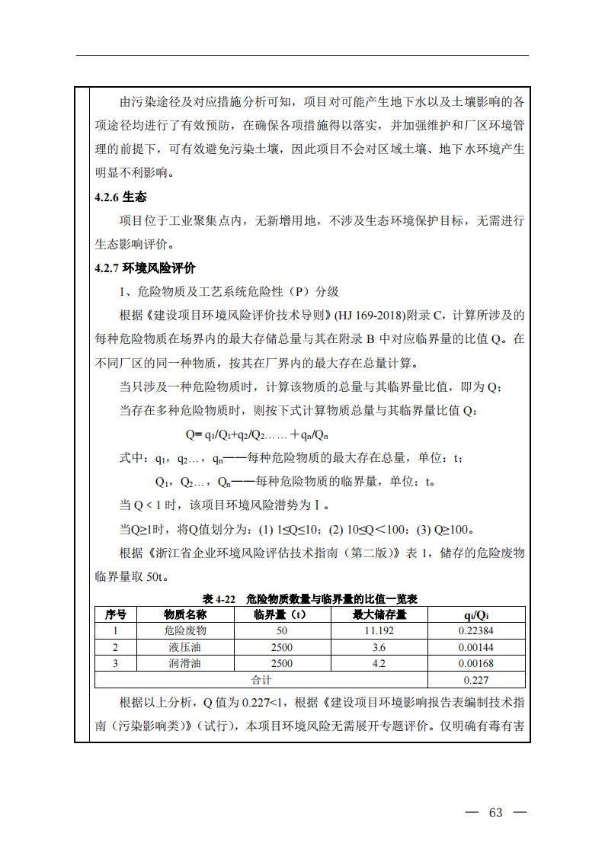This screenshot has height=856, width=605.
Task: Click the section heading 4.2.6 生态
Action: tap(120, 197)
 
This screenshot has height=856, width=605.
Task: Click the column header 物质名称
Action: tap(184, 614)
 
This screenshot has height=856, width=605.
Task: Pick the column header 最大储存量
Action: tap(379, 614)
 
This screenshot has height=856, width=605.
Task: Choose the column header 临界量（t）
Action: tap(281, 614)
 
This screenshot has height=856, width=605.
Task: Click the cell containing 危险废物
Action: tap(184, 631)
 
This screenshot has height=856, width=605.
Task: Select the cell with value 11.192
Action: tap(379, 631)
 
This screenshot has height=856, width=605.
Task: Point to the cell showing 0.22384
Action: tap(476, 631)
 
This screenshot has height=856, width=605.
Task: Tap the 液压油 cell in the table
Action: tap(184, 647)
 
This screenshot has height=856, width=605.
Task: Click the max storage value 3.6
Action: tap(379, 647)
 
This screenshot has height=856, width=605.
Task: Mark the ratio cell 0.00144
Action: tap(476, 647)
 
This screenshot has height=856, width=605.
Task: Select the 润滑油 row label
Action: tap(184, 663)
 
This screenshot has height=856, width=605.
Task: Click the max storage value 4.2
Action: tap(379, 663)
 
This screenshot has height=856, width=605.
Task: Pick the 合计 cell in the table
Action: tap(261, 679)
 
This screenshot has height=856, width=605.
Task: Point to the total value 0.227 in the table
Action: tap(476, 680)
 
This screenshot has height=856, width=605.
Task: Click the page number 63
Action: tap(496, 813)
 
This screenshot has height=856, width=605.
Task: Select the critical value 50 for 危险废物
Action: tap(281, 631)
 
